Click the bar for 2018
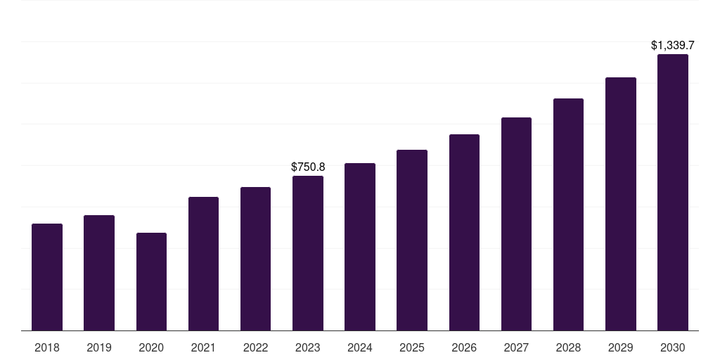pyautogui.click(x=47, y=277)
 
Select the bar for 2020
pyautogui.click(x=151, y=281)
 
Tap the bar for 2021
pyautogui.click(x=203, y=264)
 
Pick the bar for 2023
pyautogui.click(x=308, y=253)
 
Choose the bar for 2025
pyautogui.click(x=412, y=240)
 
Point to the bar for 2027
pyautogui.click(x=516, y=224)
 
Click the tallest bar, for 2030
pyautogui.click(x=672, y=192)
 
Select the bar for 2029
pyautogui.click(x=620, y=204)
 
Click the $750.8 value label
pyautogui.click(x=308, y=167)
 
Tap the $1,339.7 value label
pyautogui.click(x=672, y=46)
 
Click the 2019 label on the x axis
pyautogui.click(x=99, y=347)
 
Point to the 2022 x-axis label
pyautogui.click(x=255, y=347)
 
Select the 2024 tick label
pyautogui.click(x=360, y=347)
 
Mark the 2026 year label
pyautogui.click(x=464, y=347)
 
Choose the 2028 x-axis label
pyautogui.click(x=568, y=347)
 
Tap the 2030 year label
pyautogui.click(x=672, y=347)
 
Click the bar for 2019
pyautogui.click(x=99, y=273)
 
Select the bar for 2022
pyautogui.click(x=255, y=259)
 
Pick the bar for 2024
pyautogui.click(x=360, y=247)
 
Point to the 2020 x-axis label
pyautogui.click(x=151, y=347)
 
